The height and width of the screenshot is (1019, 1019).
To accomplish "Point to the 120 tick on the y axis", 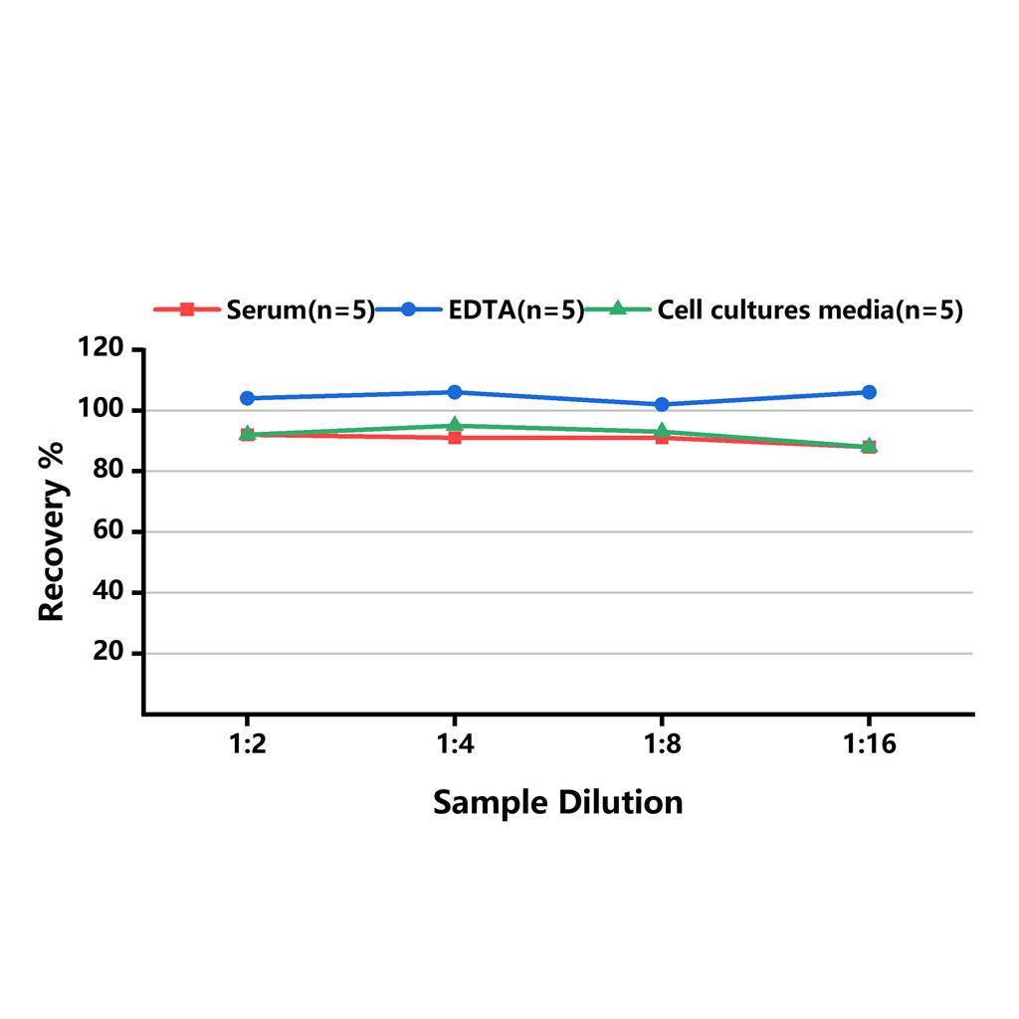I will (x=102, y=349).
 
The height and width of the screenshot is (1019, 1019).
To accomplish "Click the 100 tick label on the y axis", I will (x=102, y=410).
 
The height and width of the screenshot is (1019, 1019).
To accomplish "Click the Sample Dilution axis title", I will (x=557, y=802).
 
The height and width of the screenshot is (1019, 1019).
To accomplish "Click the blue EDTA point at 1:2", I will (x=247, y=398).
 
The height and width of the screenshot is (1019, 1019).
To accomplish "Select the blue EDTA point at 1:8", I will (x=662, y=404).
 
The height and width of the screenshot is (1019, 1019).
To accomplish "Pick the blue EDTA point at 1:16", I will (x=870, y=392).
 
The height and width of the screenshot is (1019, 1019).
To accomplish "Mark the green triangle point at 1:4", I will (x=455, y=425).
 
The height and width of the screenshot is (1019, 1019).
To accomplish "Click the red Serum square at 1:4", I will (x=455, y=438).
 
